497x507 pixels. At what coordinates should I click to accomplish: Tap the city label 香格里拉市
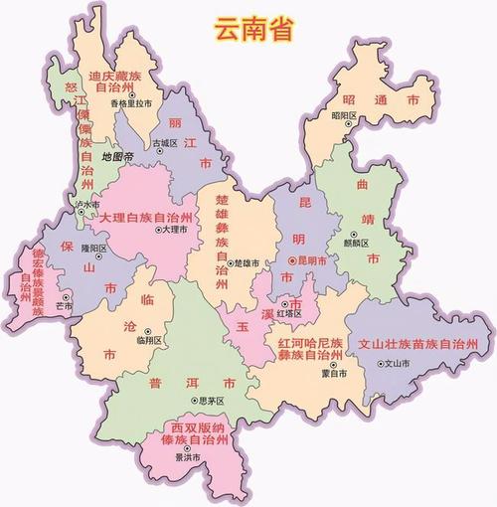point(131,102)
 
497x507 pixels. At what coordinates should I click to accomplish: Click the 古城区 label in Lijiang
point(164,143)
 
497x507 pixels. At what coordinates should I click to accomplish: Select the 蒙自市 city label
point(335,375)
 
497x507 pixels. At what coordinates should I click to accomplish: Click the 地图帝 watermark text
point(116,157)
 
